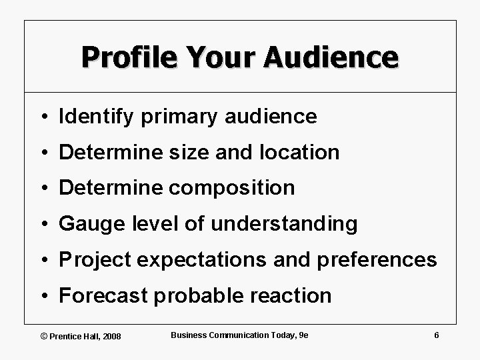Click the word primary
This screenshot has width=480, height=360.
pyautogui.click(x=163, y=117)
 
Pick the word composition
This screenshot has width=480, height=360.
pyautogui.click(x=232, y=188)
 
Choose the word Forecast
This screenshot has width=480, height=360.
pyautogui.click(x=101, y=295)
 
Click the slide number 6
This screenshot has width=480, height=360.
pyautogui.click(x=436, y=335)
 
